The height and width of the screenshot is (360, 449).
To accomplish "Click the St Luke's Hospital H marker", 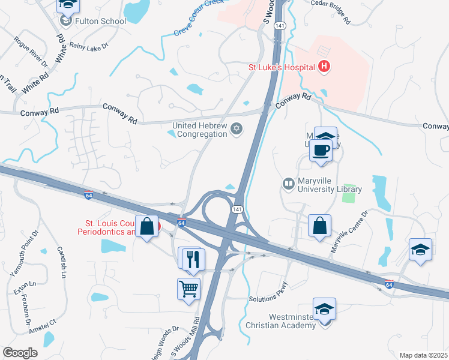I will click(324, 67).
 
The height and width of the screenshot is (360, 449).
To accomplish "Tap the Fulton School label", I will click(101, 21).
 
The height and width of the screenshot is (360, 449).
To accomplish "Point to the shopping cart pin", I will click(188, 290).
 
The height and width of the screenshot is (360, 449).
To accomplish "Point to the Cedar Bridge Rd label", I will click(330, 11).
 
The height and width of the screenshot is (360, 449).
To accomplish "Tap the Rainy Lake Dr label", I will click(89, 46).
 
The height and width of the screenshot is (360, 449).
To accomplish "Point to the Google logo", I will click(20, 353).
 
